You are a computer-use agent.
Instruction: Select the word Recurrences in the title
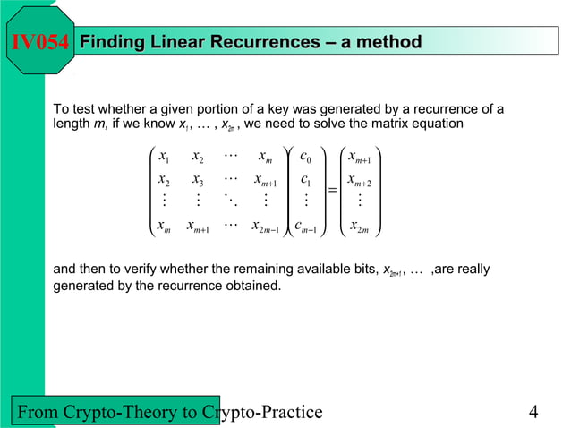(264, 42)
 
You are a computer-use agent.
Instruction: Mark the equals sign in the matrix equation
(332, 190)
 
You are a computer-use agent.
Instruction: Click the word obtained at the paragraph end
(254, 286)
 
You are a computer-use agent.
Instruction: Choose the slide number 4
(533, 412)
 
